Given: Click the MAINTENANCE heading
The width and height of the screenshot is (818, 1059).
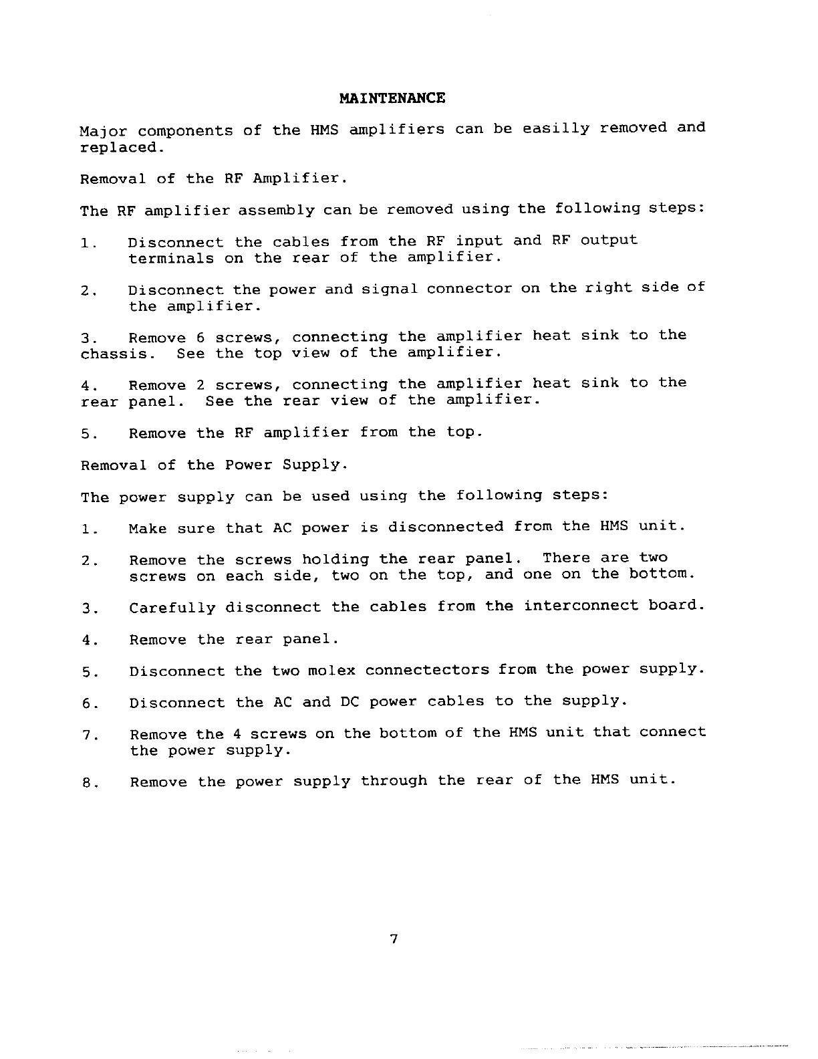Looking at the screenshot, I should pos(392,98).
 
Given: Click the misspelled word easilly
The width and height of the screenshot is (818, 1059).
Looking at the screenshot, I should pos(556,128).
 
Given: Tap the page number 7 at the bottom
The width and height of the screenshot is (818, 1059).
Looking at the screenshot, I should pos(394,939).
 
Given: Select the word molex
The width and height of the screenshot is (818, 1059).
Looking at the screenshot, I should pos(332,671).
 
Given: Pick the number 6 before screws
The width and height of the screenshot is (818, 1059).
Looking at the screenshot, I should pos(200,337).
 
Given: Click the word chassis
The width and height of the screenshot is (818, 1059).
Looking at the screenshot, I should pos(117,354).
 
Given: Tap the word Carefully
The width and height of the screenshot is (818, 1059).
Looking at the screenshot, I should pos(172,608).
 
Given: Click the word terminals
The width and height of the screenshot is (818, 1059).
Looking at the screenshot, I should pos(171,258).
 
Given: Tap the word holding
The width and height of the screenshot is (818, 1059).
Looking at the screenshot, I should pos(335,559).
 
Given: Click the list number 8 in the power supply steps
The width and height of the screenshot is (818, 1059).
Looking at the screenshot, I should pos(88,783).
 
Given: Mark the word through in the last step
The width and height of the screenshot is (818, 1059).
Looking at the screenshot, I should pos(394,781).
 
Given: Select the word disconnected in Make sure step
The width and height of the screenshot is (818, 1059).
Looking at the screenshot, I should pos(446,527).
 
